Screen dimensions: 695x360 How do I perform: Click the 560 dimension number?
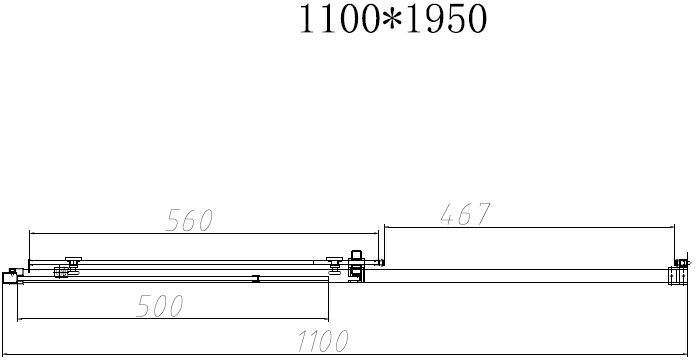[190, 220]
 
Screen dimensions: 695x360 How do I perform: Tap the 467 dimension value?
[465, 214]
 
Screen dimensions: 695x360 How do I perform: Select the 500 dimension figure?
[160, 306]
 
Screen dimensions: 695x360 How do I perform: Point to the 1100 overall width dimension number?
[323, 341]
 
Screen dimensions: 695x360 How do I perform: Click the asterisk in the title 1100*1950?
[392, 20]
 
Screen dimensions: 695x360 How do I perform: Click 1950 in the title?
[446, 20]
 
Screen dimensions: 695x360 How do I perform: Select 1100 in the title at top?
[339, 20]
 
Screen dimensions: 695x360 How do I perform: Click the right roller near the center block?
[334, 265]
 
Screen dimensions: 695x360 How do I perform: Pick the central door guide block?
[355, 266]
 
